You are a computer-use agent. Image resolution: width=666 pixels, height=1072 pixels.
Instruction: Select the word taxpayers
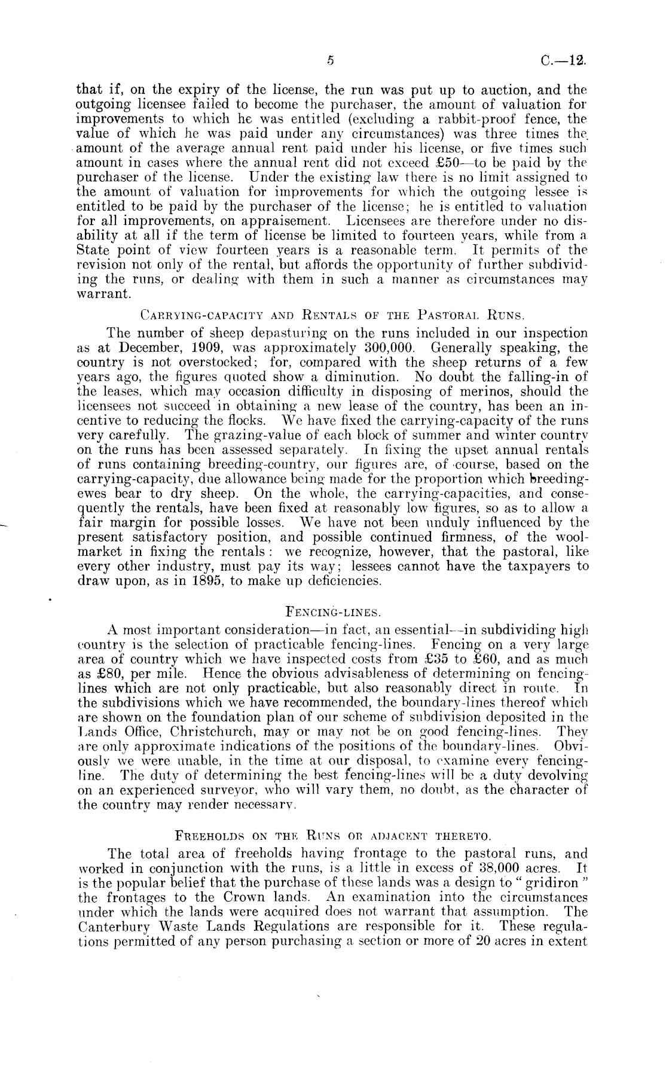pos(528,566)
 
